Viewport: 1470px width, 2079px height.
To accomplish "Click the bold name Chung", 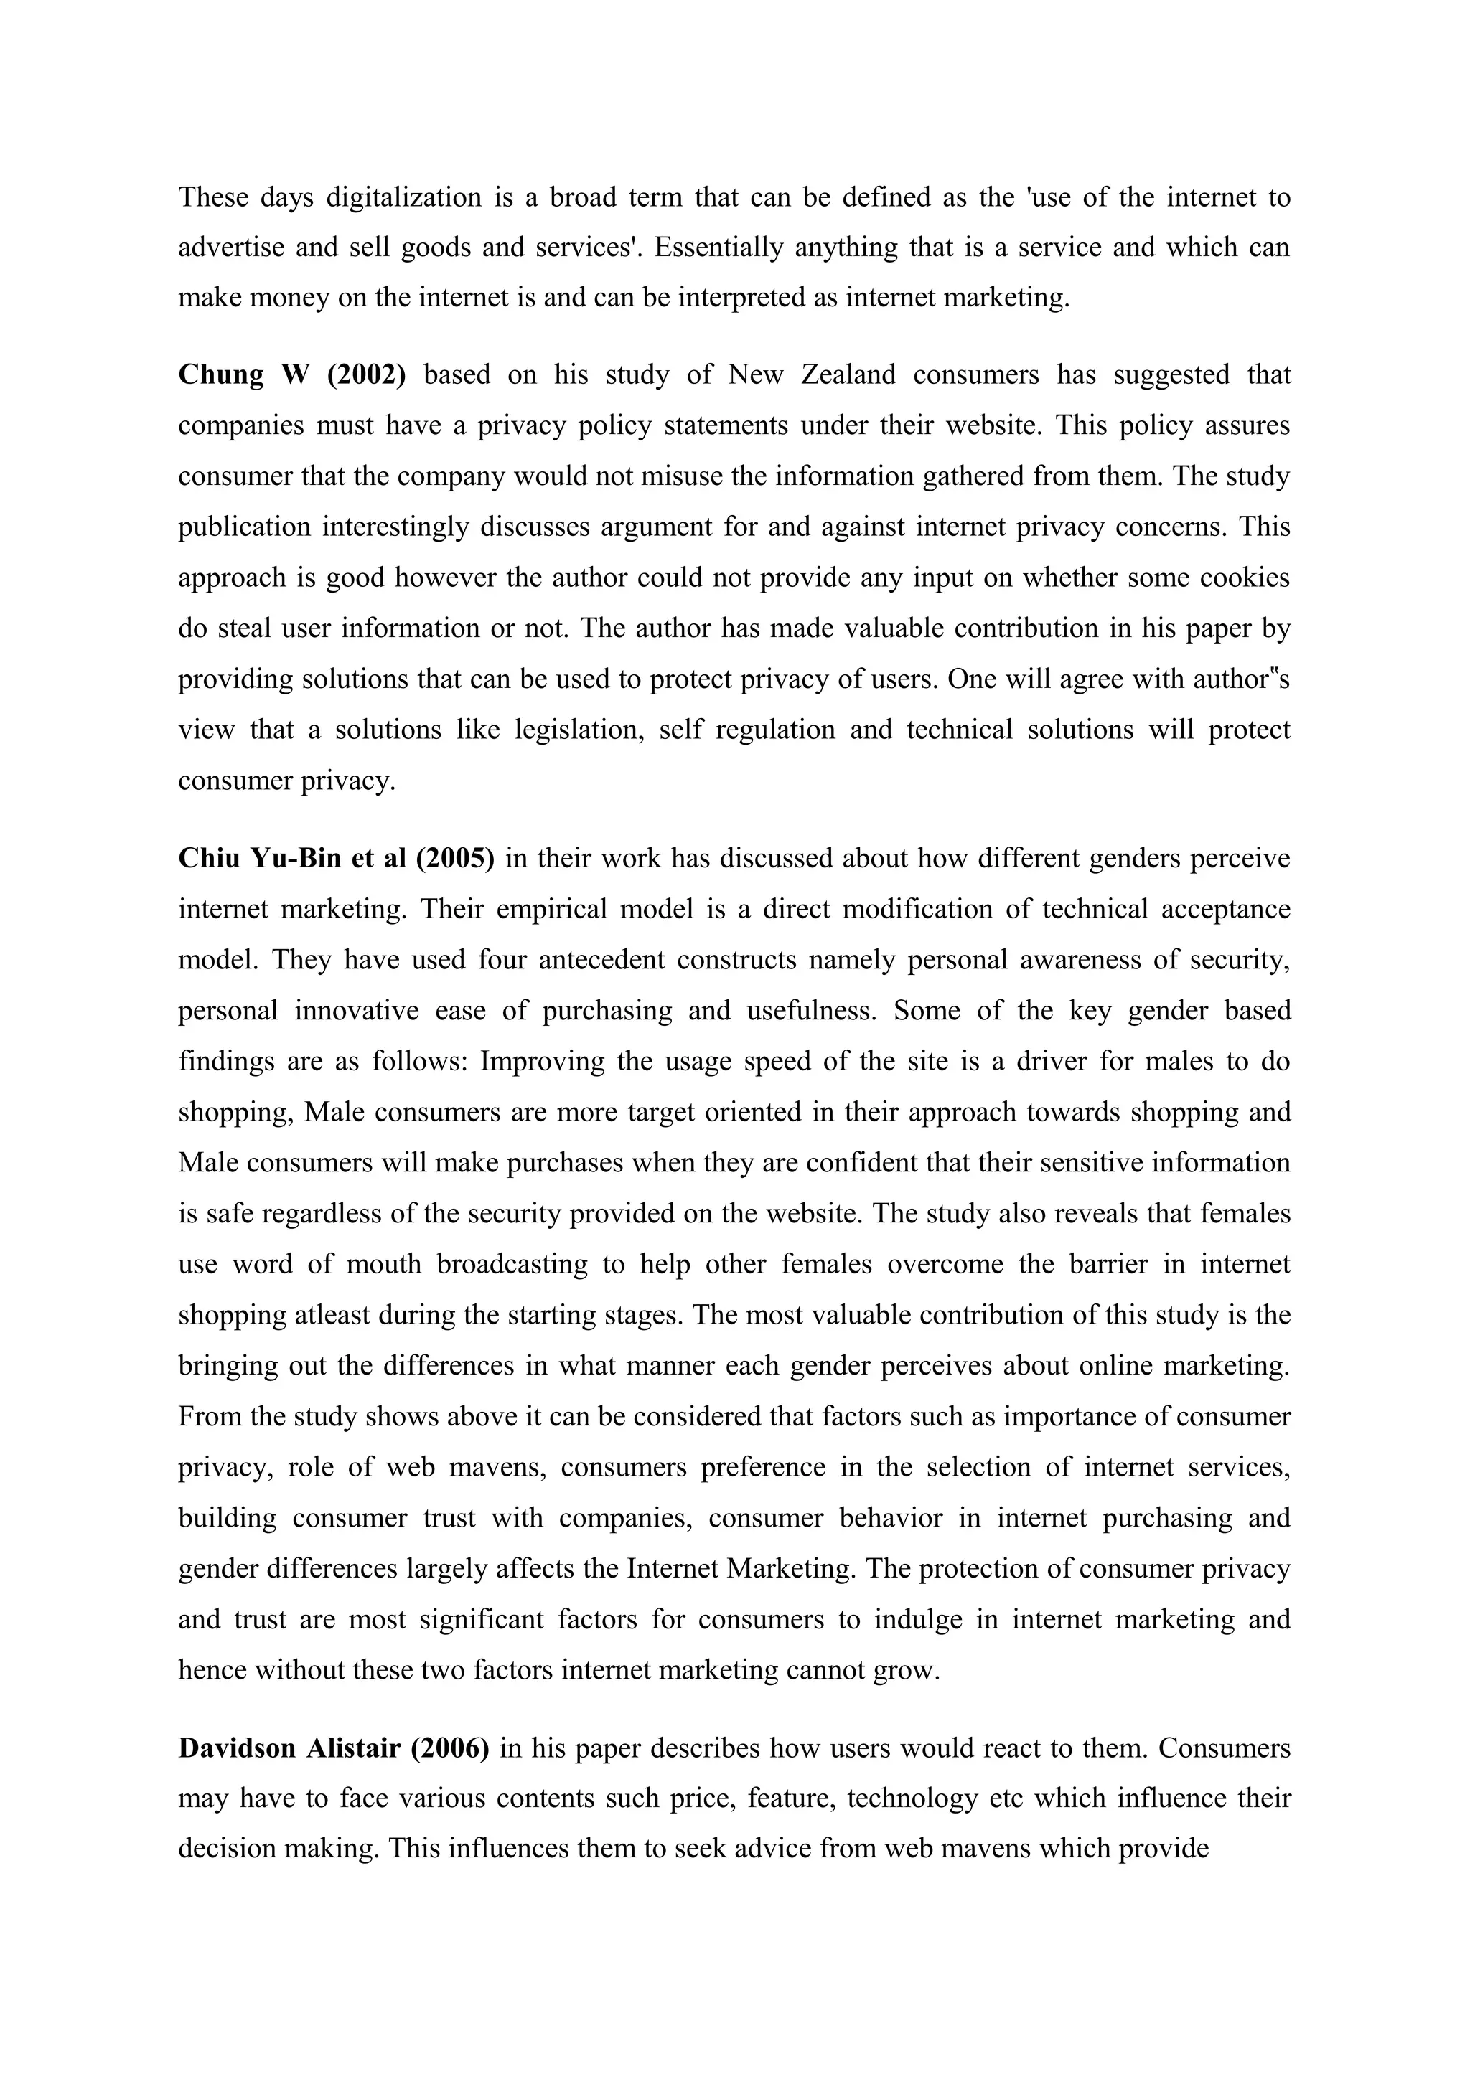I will (x=221, y=374).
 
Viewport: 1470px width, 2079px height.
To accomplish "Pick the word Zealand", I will (x=848, y=374).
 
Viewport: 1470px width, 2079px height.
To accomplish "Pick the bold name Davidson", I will (x=238, y=1748).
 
